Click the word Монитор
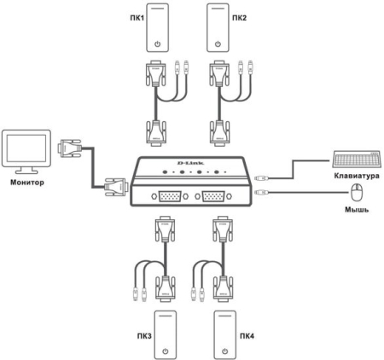click(x=26, y=182)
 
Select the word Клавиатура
click(x=355, y=177)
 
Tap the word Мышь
click(x=357, y=210)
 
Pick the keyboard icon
click(x=352, y=159)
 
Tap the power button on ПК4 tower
click(x=224, y=349)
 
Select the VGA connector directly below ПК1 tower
click(x=159, y=78)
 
